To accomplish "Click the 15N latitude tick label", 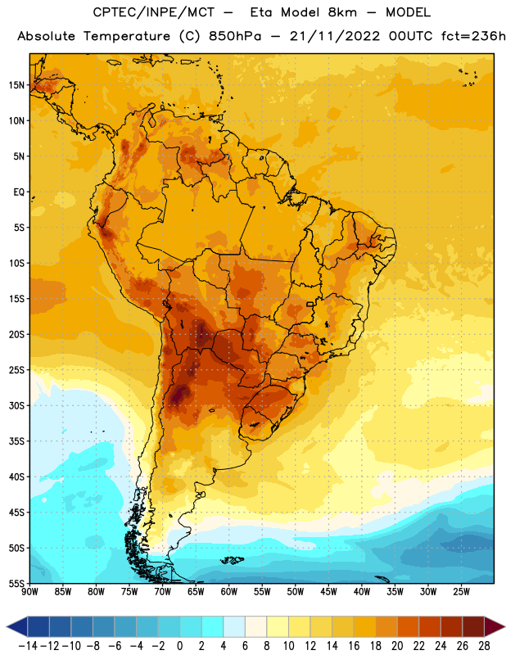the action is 16,85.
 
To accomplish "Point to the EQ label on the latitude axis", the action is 19,192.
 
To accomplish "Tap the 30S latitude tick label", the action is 16,405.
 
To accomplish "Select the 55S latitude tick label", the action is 16,583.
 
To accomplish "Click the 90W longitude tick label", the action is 29,592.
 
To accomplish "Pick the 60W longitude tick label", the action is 229,592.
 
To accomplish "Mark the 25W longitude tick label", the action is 462,592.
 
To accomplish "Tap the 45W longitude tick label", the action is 329,592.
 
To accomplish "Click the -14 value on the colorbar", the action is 28,646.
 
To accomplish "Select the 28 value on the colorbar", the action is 484,646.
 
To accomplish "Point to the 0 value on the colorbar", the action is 179,646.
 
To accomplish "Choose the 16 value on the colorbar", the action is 354,646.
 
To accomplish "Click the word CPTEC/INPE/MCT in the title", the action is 154,12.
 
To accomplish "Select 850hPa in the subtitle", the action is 235,36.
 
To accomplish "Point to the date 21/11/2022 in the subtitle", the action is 335,36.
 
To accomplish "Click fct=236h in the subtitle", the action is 473,36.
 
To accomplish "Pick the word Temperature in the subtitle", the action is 127,37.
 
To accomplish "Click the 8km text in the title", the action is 342,12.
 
